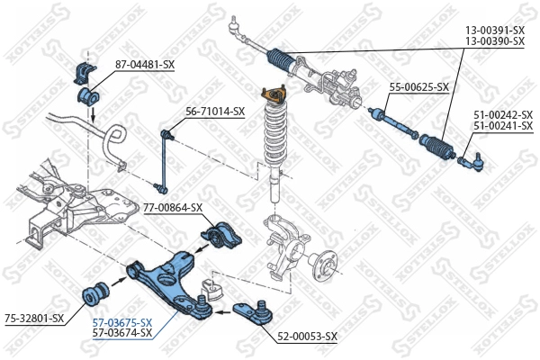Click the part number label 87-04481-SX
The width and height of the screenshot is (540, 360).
coord(144,64)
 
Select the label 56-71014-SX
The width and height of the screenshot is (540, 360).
coord(215,112)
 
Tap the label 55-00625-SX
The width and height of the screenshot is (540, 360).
coord(418,87)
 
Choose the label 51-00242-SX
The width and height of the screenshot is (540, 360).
coord(502,114)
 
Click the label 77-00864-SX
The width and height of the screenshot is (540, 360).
coord(173,207)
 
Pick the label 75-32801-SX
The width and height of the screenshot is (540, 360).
coord(34,318)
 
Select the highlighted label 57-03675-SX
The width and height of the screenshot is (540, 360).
coord(122,322)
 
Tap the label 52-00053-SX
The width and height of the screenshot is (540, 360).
coord(307,336)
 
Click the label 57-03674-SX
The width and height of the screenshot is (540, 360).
coord(122,333)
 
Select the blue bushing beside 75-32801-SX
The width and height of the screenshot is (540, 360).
coord(94,292)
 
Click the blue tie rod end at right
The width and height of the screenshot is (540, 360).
coord(472,161)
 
